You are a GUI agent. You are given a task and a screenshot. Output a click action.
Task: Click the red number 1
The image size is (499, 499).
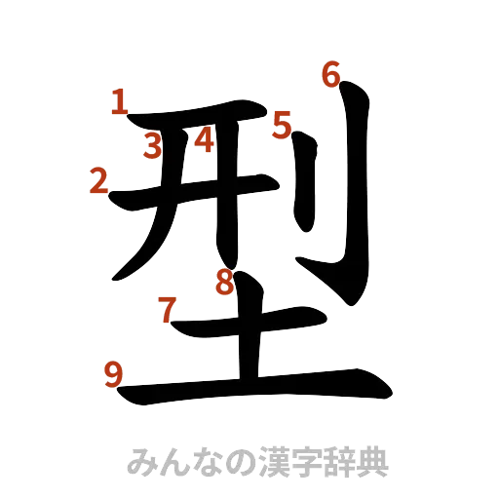[119, 101]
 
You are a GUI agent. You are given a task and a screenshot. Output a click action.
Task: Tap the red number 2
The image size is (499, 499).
[97, 180]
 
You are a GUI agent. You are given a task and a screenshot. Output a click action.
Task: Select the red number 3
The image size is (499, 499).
[152, 147]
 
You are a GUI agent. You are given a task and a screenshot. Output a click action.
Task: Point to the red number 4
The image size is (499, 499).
[204, 141]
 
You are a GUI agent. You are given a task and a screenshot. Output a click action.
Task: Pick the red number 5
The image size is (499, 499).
[283, 125]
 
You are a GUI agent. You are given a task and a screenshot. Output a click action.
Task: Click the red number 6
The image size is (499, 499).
[331, 74]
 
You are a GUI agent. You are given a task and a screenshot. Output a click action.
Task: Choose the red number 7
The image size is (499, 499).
[168, 312]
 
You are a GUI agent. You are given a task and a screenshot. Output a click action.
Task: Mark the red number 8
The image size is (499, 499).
[225, 284]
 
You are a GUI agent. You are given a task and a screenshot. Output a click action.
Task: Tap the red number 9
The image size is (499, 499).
[113, 373]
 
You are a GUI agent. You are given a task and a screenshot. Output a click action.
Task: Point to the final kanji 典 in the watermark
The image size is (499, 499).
[370, 461]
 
